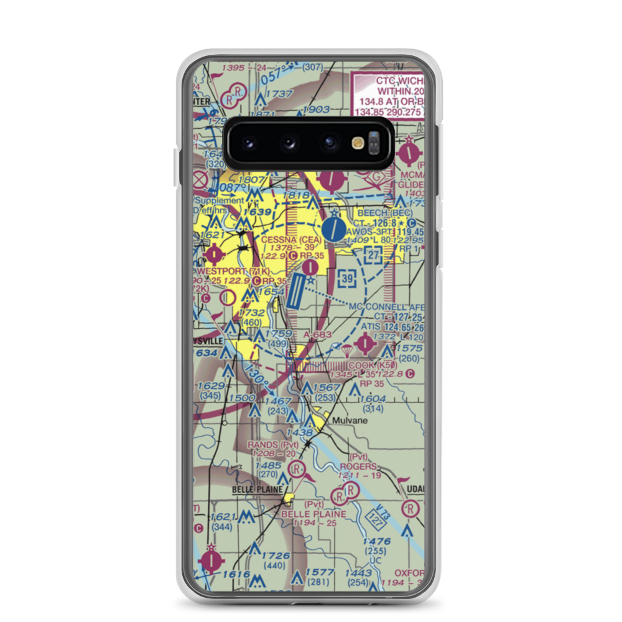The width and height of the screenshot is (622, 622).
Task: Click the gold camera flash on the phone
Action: tap(358, 143)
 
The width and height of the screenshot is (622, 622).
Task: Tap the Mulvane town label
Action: tap(349, 420)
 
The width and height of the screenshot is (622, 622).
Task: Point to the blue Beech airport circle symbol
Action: tap(334, 228)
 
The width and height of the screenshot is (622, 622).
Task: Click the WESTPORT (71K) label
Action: tap(233, 272)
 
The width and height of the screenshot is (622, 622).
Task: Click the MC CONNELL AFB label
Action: tap(386, 307)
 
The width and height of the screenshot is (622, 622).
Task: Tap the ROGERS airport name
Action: tap(358, 466)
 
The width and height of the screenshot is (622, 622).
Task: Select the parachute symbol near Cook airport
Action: tap(337, 345)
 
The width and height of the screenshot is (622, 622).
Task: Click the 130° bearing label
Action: tap(256, 376)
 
